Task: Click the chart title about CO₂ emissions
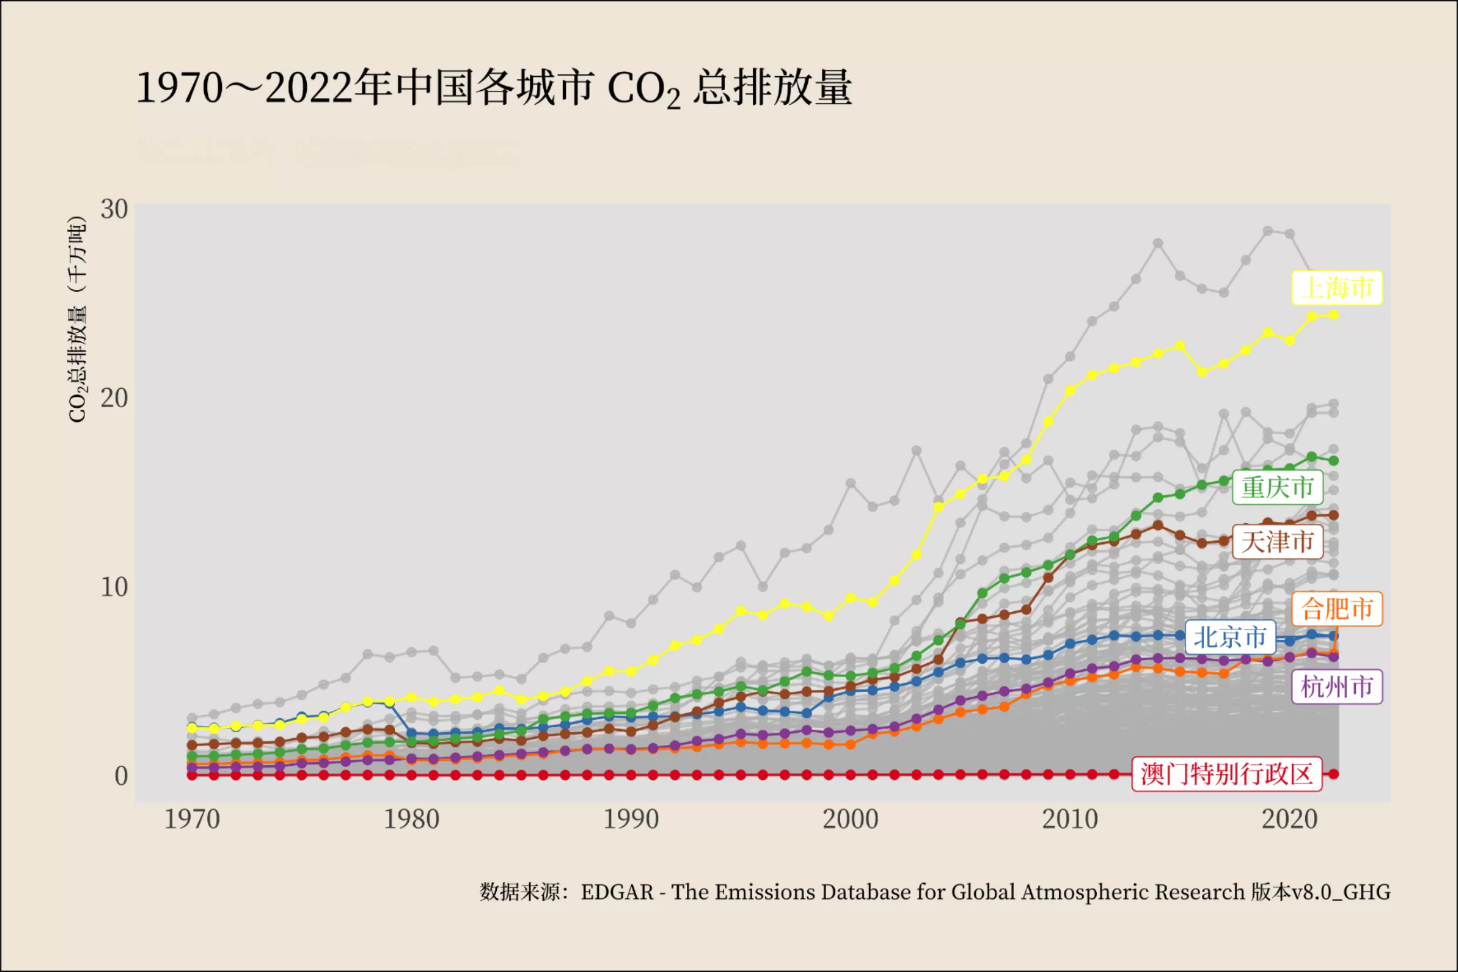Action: tap(494, 88)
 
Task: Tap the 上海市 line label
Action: tap(1336, 288)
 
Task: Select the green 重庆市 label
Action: tap(1277, 487)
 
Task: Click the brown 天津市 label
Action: tap(1277, 542)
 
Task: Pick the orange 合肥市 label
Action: tap(1336, 609)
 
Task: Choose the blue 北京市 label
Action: tap(1230, 637)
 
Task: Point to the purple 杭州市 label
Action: tap(1336, 687)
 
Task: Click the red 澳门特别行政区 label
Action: tap(1226, 774)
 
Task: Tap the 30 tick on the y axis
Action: tap(114, 210)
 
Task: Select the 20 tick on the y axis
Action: tap(114, 398)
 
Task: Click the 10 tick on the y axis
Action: tap(114, 587)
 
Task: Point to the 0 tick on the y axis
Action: tap(121, 776)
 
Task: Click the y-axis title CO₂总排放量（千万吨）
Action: tap(77, 319)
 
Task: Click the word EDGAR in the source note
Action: tap(617, 893)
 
